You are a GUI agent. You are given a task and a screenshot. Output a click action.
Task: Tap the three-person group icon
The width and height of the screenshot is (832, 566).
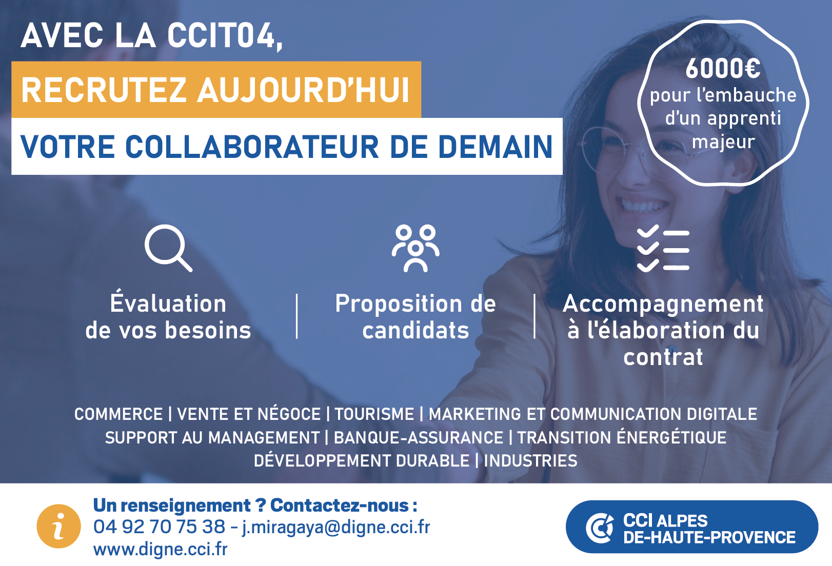point(415,248)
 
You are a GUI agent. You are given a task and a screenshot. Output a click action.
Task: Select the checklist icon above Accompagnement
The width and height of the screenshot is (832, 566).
point(663,248)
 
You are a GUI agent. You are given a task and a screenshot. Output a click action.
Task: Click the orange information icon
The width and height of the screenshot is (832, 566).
point(58,526)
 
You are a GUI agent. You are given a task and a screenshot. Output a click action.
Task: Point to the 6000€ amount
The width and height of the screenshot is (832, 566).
point(723,69)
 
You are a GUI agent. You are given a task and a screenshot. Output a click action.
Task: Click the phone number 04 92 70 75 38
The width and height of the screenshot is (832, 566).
point(159,527)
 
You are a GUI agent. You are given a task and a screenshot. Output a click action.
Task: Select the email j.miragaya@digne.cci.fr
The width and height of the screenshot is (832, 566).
point(336,527)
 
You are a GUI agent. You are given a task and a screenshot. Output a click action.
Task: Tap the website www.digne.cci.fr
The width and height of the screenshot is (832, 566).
point(160,549)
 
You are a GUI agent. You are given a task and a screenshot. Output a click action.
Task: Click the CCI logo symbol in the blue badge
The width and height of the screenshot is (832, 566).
point(599,528)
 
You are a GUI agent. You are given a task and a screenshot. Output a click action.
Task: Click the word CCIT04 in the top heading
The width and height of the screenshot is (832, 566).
point(224,35)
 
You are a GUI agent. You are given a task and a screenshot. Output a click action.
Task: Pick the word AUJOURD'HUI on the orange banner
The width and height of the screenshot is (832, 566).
point(303,90)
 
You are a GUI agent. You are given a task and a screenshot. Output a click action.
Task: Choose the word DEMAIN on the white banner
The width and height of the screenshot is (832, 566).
point(496,147)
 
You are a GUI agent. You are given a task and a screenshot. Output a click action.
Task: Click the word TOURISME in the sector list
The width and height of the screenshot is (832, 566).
point(374,414)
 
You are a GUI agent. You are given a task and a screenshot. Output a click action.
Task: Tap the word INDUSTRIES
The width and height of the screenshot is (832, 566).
point(530,460)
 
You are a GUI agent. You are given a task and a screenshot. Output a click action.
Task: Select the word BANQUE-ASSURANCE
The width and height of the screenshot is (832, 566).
point(419,437)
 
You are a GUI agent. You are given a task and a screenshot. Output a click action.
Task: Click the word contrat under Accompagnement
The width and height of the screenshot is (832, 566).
point(663,357)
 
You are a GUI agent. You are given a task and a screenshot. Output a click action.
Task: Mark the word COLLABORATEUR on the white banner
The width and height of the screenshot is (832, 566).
point(252,147)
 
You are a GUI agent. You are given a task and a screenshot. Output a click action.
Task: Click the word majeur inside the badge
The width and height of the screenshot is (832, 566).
point(723,142)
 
